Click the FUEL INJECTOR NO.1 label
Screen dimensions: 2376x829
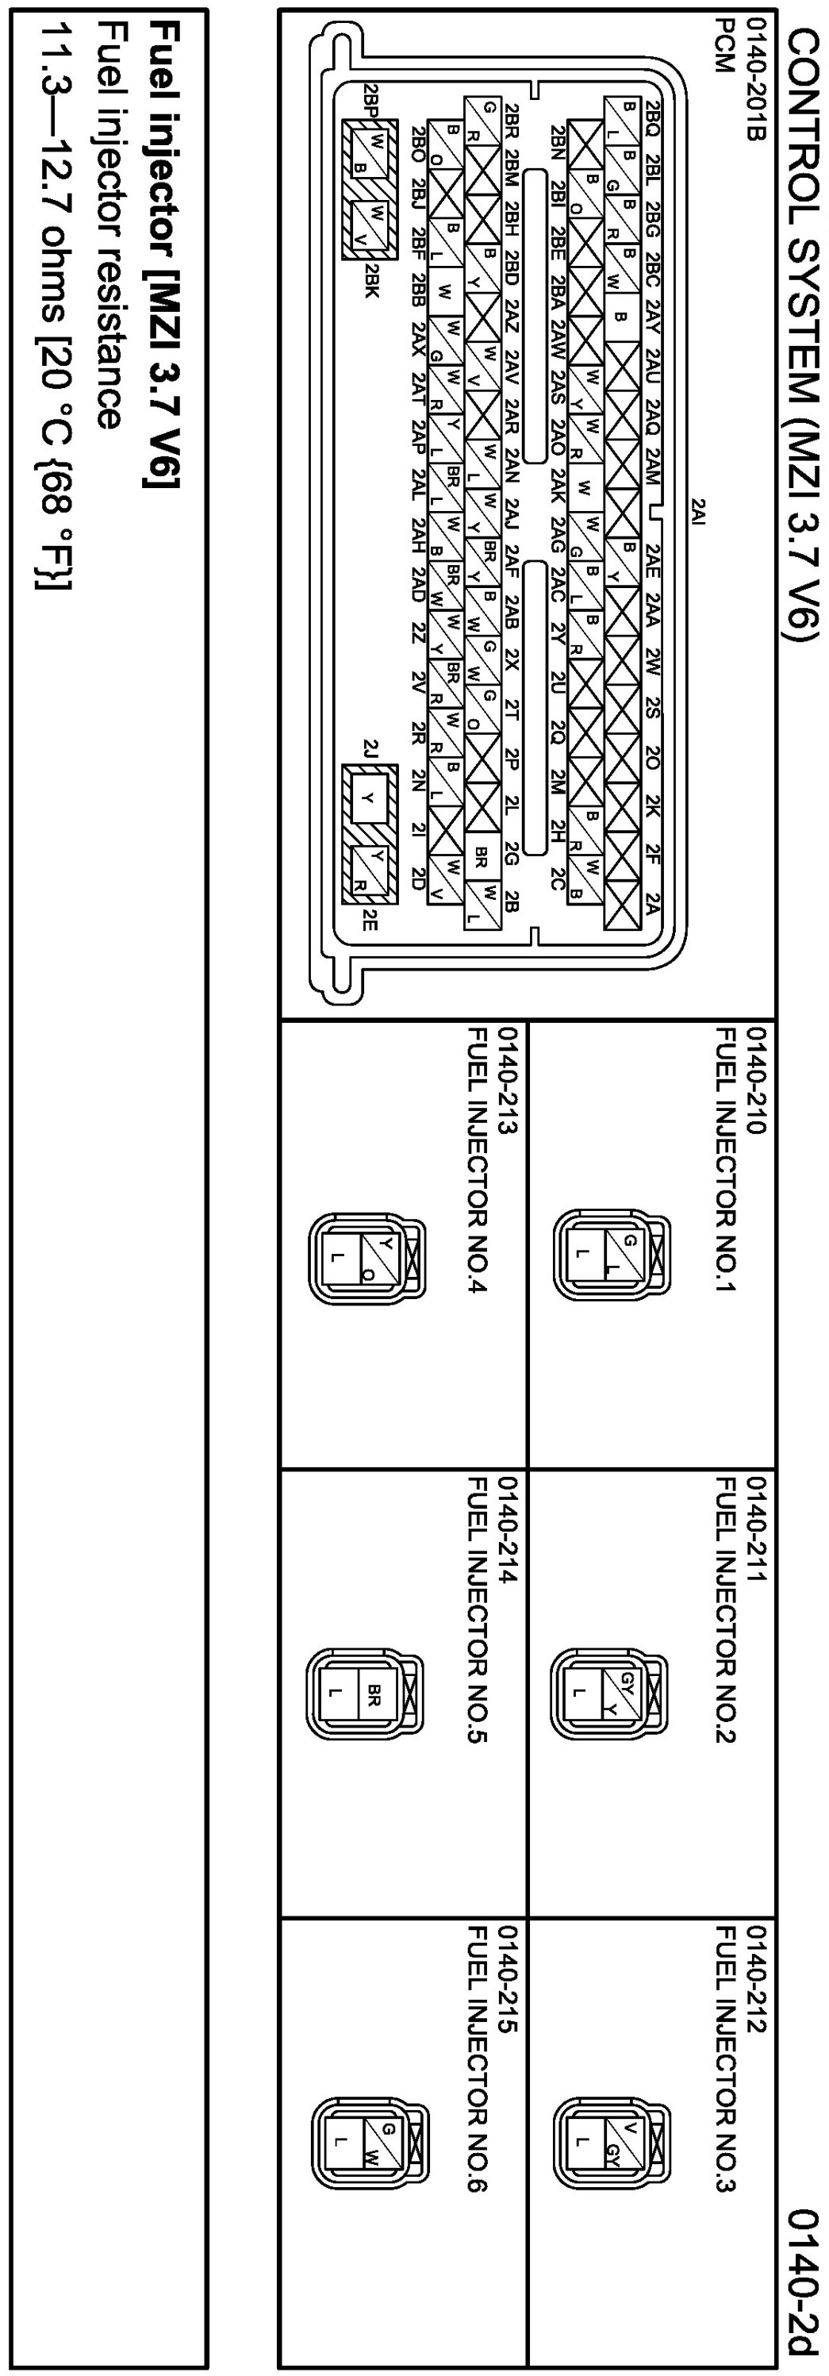tap(727, 1159)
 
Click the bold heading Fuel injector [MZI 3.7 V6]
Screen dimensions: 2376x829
tap(165, 255)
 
